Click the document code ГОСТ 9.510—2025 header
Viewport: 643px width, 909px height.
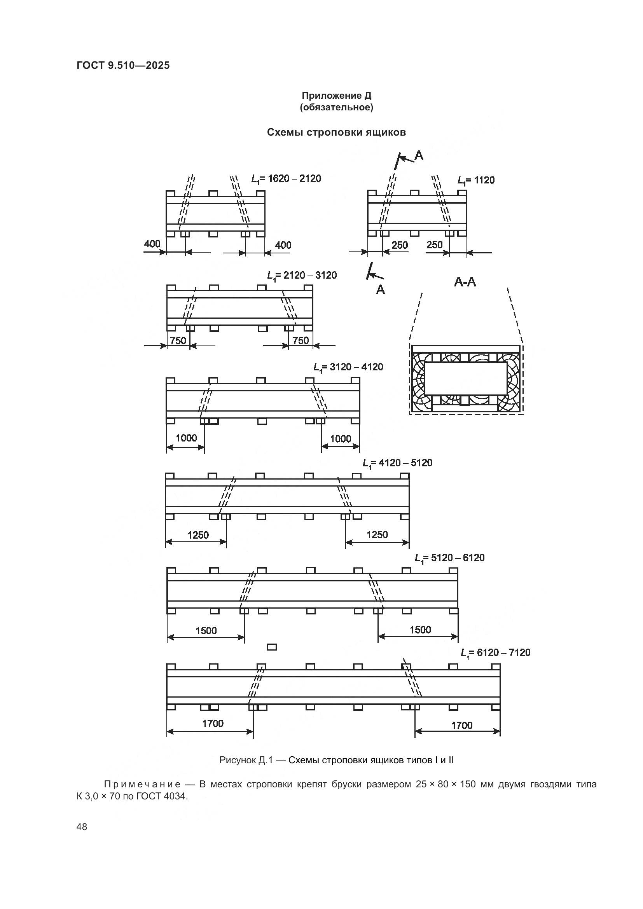(123, 65)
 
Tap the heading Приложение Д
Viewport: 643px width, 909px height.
(337, 96)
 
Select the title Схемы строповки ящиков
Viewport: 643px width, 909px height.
(336, 132)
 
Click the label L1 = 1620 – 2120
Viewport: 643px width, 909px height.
(286, 179)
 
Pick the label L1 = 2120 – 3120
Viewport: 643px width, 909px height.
(302, 276)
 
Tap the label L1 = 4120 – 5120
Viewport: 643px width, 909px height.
(397, 463)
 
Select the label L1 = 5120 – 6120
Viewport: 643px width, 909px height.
(449, 558)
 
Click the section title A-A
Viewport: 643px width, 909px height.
(465, 282)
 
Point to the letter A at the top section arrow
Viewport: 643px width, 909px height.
(419, 156)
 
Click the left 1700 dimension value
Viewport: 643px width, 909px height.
(213, 724)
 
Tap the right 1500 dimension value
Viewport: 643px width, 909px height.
(420, 630)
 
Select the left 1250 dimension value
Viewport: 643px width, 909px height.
(198, 535)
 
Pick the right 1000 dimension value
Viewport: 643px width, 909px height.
(341, 439)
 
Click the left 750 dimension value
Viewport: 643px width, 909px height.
(178, 340)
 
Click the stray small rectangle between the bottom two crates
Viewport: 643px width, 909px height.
(272, 647)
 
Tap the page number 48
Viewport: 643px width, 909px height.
(82, 827)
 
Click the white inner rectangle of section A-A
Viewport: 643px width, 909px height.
(465, 379)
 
